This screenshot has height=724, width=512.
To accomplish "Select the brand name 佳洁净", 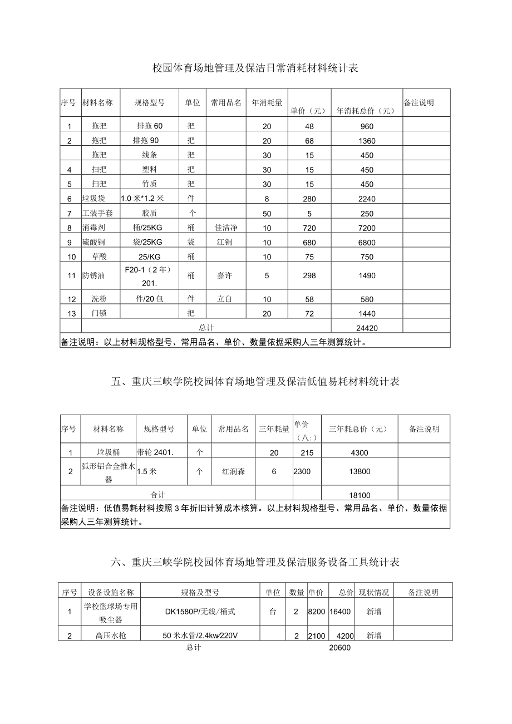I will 225,228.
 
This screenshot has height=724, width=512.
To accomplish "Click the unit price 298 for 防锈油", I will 309,275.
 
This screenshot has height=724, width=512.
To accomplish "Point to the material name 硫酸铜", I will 93,242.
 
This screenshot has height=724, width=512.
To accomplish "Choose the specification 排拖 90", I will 146,141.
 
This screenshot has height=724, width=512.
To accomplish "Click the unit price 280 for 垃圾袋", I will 309,199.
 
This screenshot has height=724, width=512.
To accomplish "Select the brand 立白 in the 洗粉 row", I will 225,299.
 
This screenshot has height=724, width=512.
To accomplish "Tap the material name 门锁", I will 100,313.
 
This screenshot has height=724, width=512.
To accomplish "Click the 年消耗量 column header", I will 267,103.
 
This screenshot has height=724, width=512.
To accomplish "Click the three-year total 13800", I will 360,471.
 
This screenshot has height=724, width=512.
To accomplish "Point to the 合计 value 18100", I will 360,495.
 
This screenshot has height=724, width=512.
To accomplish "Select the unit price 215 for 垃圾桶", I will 307,453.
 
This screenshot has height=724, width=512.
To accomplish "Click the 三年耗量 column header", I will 274,429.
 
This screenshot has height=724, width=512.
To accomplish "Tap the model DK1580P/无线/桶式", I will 200,612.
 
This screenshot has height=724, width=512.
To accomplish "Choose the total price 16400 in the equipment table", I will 340,612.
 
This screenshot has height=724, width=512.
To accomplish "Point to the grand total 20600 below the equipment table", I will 340,648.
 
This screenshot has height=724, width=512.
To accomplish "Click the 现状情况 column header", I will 373,593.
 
